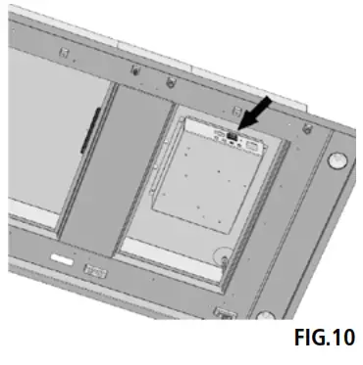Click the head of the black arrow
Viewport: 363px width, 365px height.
click(241, 128)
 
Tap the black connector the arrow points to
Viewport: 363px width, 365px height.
click(232, 137)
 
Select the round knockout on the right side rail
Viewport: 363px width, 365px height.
click(337, 157)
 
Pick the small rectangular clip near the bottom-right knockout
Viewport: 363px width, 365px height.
click(226, 313)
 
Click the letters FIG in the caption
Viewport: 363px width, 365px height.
click(309, 339)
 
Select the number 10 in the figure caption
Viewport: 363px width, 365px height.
click(339, 339)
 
